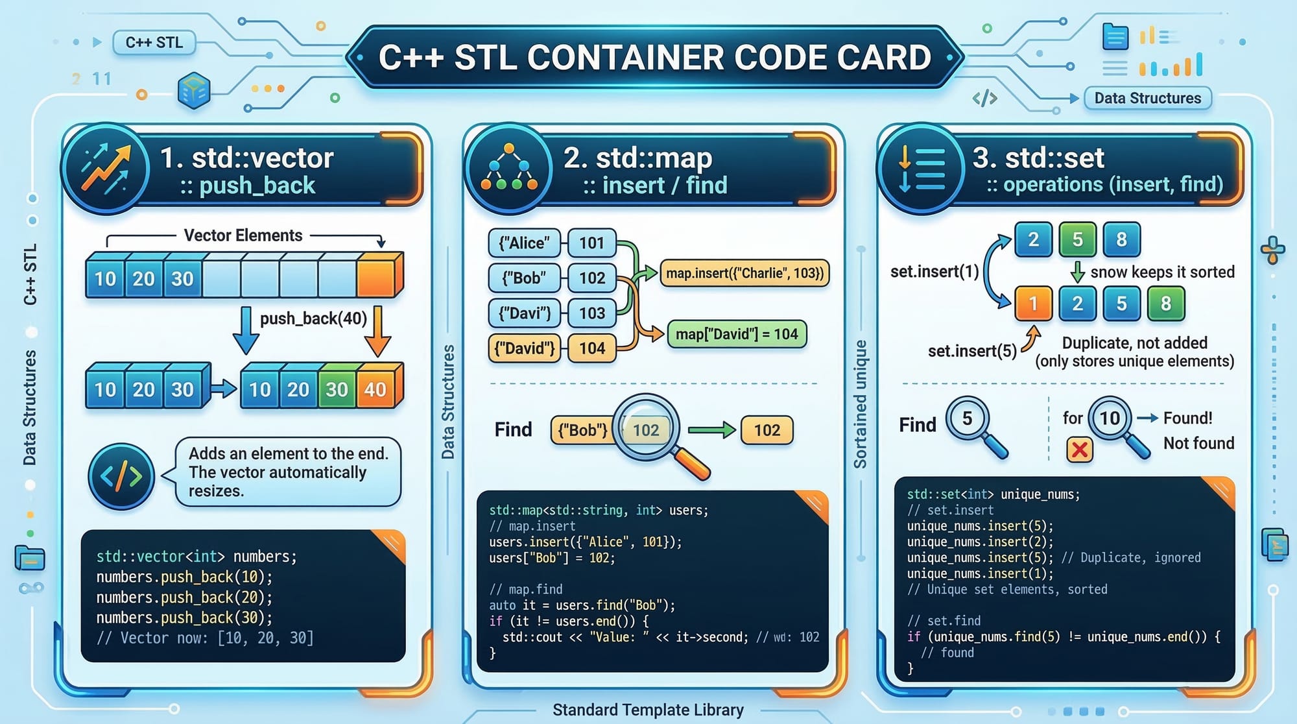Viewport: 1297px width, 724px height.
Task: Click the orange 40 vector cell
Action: pos(375,389)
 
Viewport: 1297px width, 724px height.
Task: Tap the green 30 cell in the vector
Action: pos(337,389)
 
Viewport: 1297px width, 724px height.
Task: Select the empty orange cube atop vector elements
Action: pos(379,275)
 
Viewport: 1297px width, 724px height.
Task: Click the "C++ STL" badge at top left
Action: pos(154,43)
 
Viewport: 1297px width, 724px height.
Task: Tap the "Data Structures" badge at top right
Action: pos(1147,98)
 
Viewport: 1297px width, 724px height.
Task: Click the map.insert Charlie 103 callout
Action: pos(744,273)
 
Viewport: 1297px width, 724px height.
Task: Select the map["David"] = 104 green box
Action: pos(737,334)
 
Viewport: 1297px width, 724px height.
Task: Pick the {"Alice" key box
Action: pos(524,243)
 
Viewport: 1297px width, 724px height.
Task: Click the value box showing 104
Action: pos(591,348)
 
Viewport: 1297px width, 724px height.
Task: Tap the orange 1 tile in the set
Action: pos(1033,304)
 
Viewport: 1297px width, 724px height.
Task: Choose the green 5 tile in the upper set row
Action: pos(1077,239)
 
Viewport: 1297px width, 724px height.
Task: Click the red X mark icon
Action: pos(1080,449)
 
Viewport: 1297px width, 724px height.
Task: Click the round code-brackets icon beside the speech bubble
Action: pos(121,477)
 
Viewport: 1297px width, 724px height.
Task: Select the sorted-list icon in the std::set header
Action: pos(922,168)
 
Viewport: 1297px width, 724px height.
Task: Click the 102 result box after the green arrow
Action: pos(767,430)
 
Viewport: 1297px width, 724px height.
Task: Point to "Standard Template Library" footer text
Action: pos(648,710)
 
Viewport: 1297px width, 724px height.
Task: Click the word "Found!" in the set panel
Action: pos(1187,418)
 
